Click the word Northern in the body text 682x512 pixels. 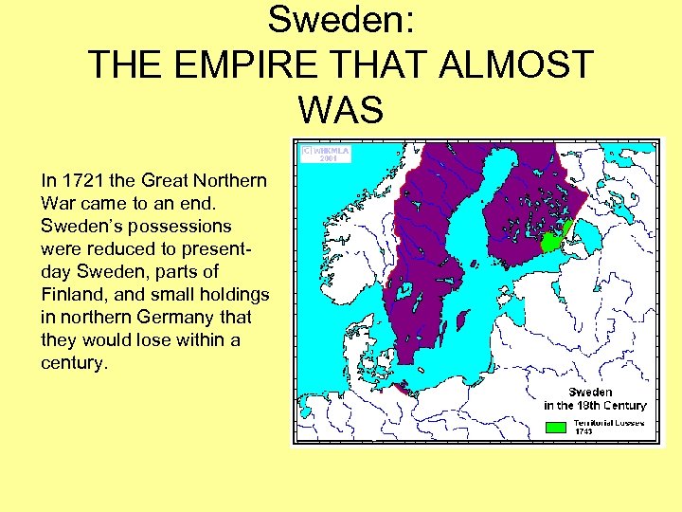(x=233, y=180)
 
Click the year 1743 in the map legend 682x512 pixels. (x=584, y=431)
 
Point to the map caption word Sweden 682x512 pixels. (x=589, y=392)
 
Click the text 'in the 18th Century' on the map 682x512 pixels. (x=595, y=405)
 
